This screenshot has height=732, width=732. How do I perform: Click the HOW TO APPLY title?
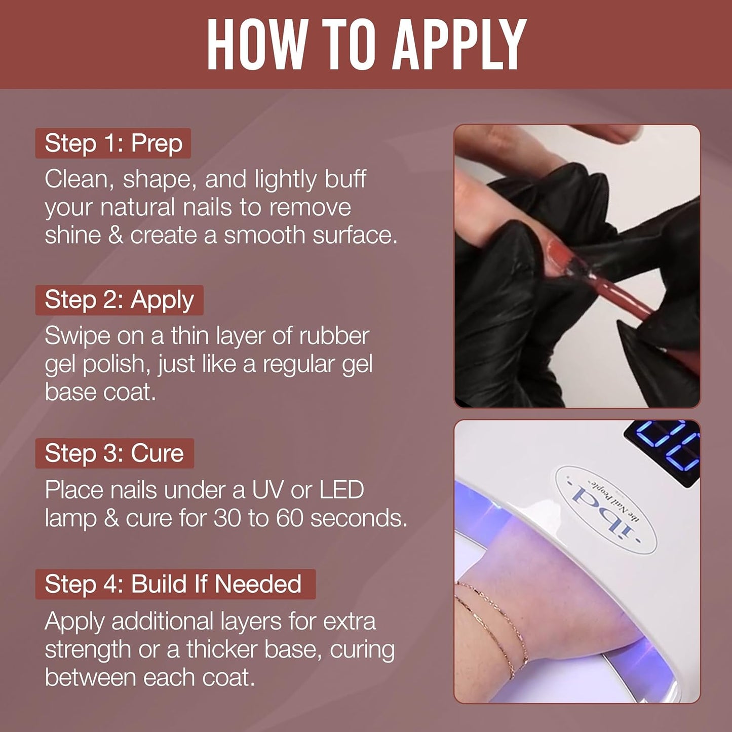click(x=366, y=45)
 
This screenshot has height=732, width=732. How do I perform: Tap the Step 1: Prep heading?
click(x=113, y=143)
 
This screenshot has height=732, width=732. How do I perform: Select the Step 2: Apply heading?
click(x=119, y=300)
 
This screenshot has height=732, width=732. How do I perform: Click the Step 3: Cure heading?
click(x=114, y=453)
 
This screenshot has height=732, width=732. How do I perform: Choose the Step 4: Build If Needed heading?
click(x=173, y=584)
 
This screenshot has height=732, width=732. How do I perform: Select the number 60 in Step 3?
click(x=289, y=518)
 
